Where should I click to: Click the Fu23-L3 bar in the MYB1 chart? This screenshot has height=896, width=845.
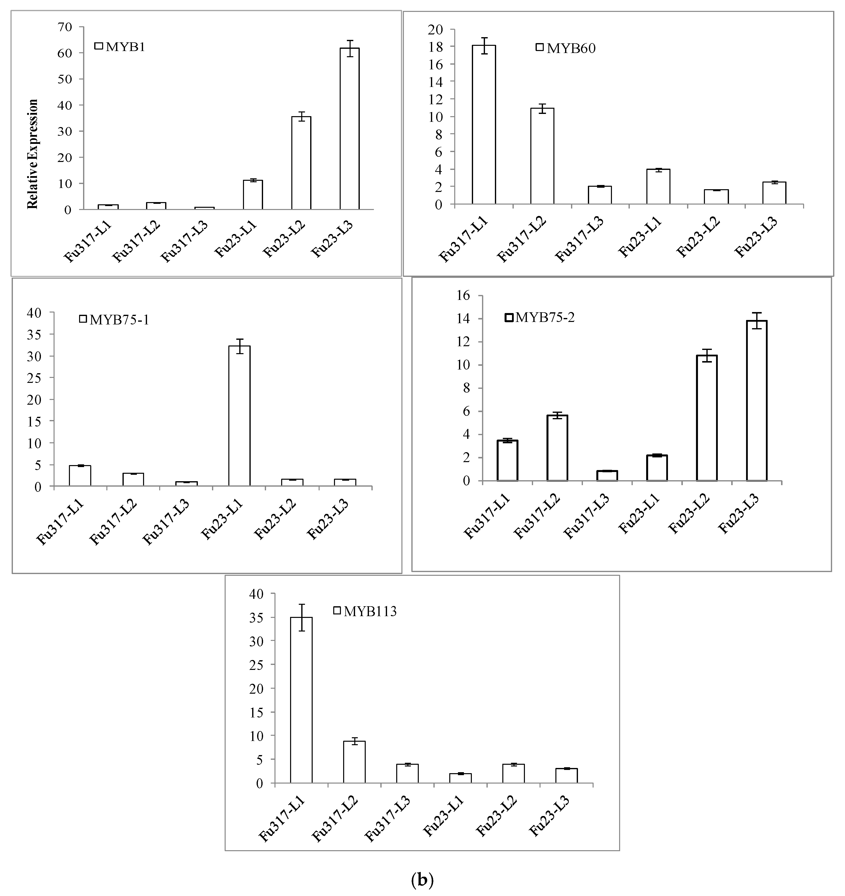[x=350, y=129]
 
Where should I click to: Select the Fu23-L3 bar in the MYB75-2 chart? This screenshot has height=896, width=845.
[x=756, y=401]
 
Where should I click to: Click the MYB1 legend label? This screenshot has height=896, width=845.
[x=125, y=47]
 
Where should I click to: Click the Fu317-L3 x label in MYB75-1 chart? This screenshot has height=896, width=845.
[x=166, y=522]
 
